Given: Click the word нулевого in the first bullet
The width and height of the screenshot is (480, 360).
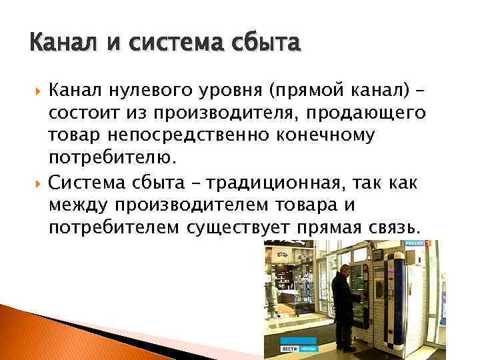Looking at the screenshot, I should [143, 89].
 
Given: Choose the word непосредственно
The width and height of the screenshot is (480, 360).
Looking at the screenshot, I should [174, 135].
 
